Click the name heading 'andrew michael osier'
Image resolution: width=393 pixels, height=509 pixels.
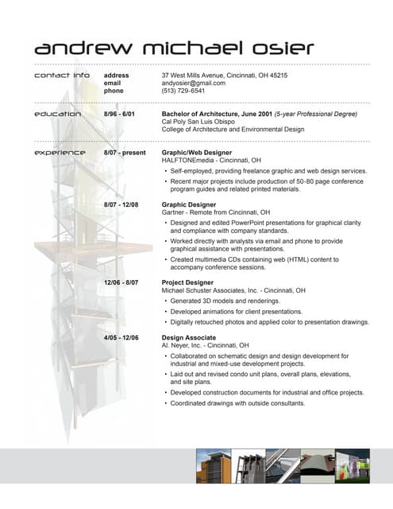click(174, 49)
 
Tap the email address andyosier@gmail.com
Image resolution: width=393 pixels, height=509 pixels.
click(194, 83)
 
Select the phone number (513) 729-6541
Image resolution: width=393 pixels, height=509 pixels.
click(183, 91)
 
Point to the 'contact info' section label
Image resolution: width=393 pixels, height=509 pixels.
click(62, 75)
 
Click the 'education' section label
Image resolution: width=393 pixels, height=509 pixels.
click(57, 114)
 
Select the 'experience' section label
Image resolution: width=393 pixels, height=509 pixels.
click(60, 152)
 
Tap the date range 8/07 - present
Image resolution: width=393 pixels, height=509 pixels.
click(125, 152)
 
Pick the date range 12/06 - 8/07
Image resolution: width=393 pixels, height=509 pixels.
click(121, 282)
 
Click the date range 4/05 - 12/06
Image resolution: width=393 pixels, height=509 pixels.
click(121, 338)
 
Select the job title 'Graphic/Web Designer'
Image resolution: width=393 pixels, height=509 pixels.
click(196, 152)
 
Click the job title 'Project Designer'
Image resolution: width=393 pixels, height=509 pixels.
click(187, 282)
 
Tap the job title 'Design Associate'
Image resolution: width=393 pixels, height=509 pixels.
click(188, 338)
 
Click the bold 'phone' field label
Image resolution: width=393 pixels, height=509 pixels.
click(114, 91)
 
